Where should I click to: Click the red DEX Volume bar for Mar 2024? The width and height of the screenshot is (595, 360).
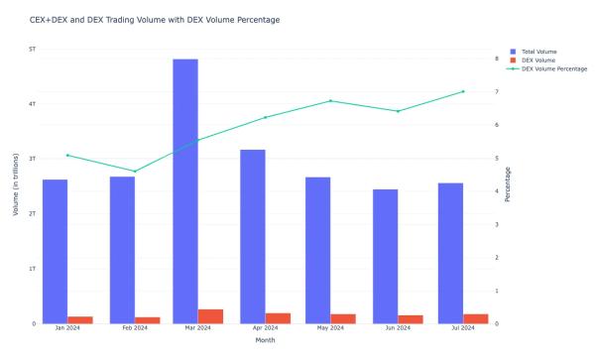pos(210,316)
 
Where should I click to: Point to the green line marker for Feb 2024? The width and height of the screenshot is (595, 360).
pos(135,172)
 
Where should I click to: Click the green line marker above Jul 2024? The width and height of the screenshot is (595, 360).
pos(461,91)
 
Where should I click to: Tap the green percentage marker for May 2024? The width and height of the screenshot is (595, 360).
pos(330,101)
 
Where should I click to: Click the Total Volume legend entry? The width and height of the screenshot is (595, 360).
pos(537,51)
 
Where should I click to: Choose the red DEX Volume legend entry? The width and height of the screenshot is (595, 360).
pos(535,60)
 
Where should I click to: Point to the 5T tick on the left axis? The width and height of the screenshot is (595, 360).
pos(33,49)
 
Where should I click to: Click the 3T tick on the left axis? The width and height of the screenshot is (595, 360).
pos(33,159)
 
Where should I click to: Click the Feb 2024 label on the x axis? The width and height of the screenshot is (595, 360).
pos(135,328)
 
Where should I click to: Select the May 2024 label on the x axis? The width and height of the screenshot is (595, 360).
pos(330,328)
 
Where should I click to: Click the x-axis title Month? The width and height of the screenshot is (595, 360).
pos(265,340)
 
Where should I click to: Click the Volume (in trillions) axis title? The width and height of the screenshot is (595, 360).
pos(15,185)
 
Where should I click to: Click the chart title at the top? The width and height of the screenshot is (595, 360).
pos(154,20)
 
